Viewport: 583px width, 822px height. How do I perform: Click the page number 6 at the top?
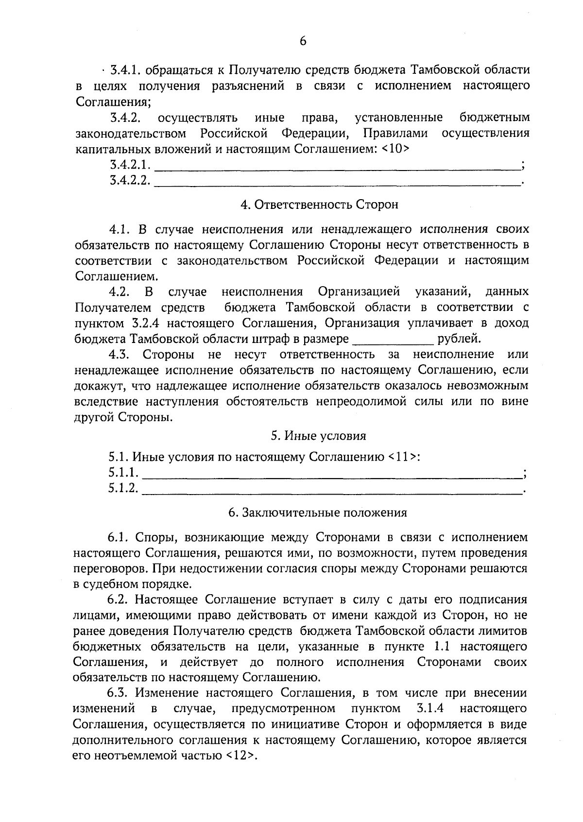click(x=303, y=41)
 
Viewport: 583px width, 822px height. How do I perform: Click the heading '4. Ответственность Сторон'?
click(x=319, y=205)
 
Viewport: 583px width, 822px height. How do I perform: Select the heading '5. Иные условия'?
click(x=318, y=436)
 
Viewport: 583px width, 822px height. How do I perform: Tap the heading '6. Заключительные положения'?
click(x=318, y=513)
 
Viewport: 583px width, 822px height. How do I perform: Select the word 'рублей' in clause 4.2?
click(x=459, y=339)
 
